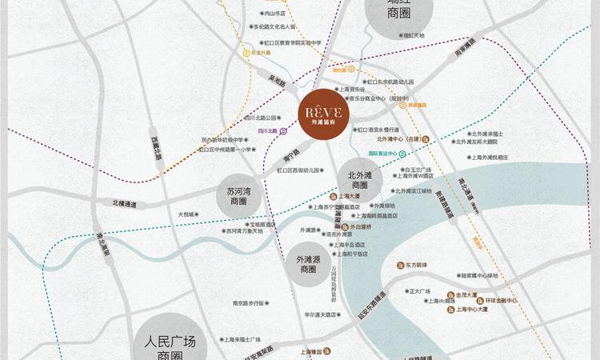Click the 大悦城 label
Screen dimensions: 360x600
point(186,214)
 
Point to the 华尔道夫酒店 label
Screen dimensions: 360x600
point(303,314)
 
